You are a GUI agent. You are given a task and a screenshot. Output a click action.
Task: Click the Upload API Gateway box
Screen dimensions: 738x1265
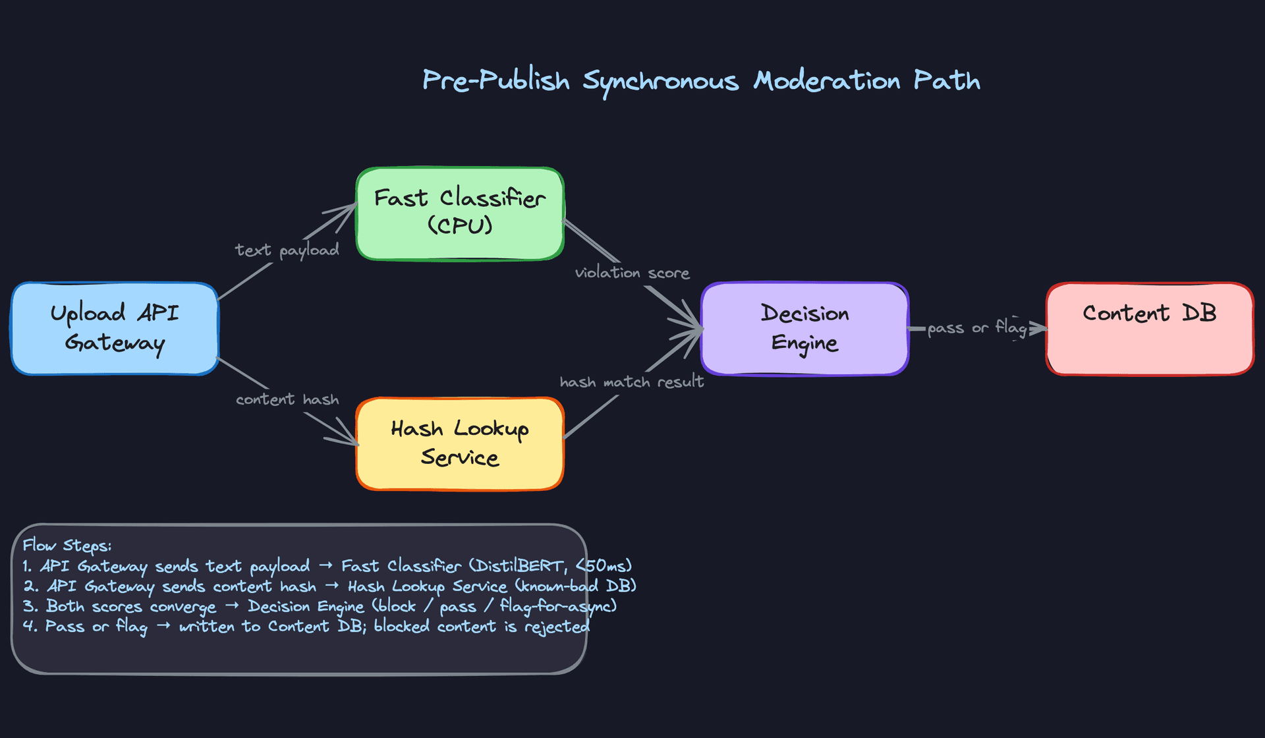click(x=115, y=328)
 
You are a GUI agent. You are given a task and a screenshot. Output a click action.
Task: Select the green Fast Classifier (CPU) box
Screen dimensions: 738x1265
click(x=460, y=213)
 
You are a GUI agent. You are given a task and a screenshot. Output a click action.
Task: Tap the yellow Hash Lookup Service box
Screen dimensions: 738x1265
click(x=460, y=443)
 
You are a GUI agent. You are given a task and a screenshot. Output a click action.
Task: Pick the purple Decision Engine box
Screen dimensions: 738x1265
click(x=804, y=328)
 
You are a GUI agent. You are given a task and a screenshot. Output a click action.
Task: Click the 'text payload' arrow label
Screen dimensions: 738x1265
click(x=287, y=250)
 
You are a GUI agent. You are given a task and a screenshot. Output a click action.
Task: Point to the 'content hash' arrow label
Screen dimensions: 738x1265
click(x=287, y=399)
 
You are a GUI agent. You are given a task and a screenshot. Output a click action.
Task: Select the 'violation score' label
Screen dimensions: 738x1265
click(x=632, y=273)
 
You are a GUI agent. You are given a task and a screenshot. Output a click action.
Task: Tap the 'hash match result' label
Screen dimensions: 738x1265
click(x=632, y=382)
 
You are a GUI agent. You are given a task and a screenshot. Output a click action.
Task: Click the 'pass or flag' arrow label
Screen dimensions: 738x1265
click(x=977, y=327)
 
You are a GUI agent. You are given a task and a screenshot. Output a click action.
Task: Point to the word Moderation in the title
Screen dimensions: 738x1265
click(x=827, y=80)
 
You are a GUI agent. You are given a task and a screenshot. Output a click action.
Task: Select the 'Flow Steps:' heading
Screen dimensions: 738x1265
click(x=67, y=546)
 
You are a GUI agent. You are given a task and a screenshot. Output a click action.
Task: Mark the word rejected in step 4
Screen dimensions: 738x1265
click(x=557, y=627)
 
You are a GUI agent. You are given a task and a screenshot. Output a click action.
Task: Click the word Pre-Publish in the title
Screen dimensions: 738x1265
click(x=495, y=80)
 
